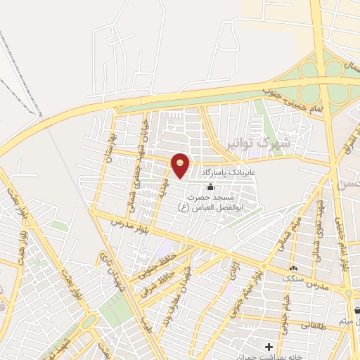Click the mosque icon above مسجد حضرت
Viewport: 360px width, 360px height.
210,186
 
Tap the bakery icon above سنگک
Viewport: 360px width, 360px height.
293,267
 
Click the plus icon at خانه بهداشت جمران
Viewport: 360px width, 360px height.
269,347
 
